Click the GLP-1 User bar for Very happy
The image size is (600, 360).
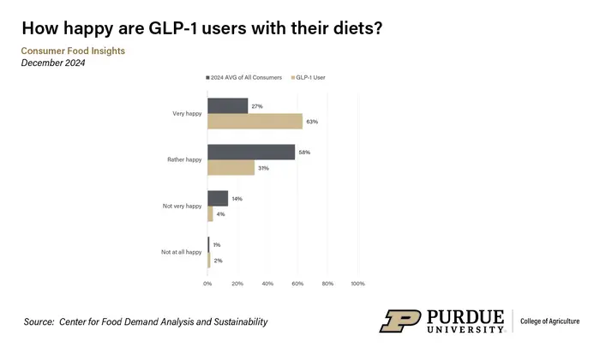[255, 122]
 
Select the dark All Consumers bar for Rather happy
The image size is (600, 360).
[251, 153]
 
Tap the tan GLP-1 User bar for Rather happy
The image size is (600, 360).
[231, 168]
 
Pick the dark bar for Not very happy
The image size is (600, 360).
[218, 199]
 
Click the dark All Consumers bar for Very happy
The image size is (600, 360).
[227, 106]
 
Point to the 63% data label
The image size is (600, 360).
[312, 122]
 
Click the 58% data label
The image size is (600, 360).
[304, 153]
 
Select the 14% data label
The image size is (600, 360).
[237, 199]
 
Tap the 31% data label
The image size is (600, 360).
[263, 168]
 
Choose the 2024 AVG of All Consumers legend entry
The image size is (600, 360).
[246, 77]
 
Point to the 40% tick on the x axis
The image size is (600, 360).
[267, 284]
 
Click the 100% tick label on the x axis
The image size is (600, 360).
[358, 284]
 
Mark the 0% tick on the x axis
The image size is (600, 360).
[207, 284]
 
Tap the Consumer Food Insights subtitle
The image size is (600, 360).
[73, 51]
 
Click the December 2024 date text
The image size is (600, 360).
[53, 63]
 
